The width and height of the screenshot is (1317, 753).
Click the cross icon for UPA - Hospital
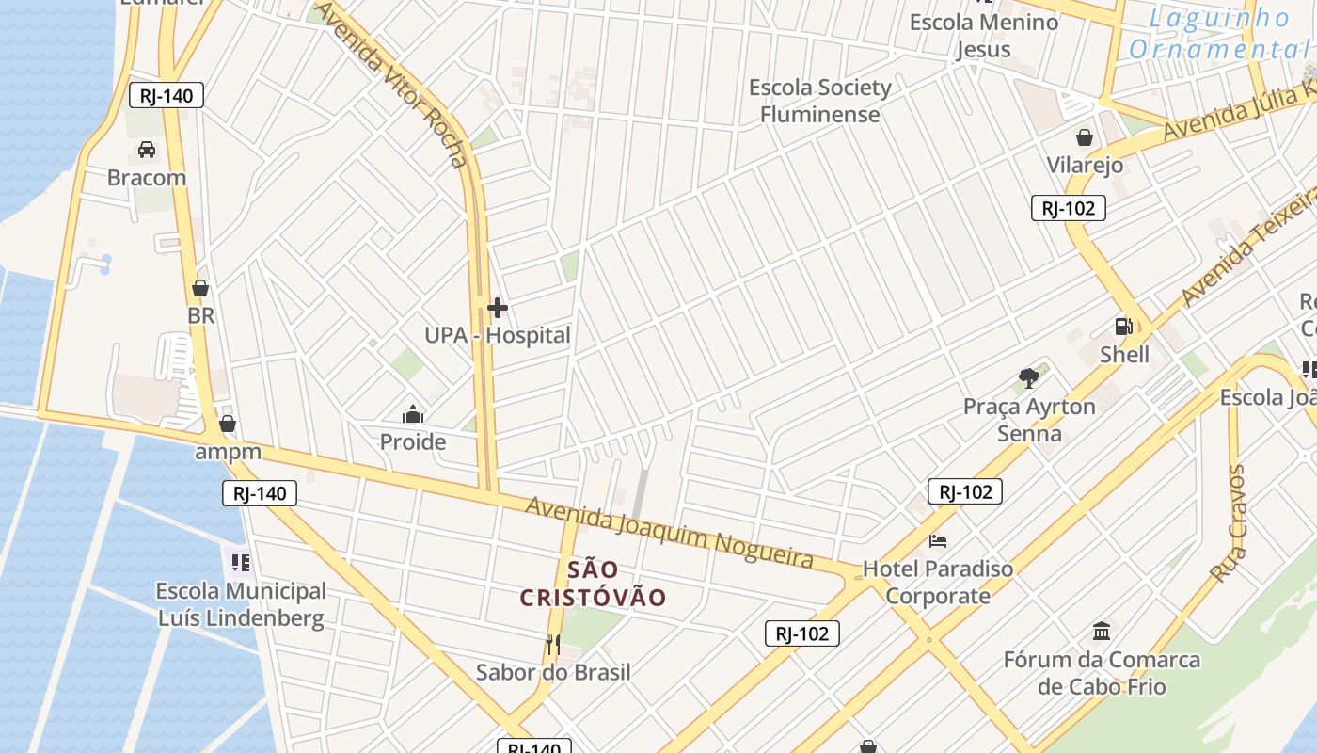[x=497, y=308]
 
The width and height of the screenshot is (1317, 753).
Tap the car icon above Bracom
[x=146, y=150]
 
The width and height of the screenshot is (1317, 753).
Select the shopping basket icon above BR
[x=199, y=288]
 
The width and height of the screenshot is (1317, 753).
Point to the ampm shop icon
[x=227, y=425]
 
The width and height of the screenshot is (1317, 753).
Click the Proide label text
[x=412, y=441]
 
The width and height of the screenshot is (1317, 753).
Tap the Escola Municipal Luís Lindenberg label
[x=240, y=604]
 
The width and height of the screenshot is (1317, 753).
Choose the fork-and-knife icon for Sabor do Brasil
[x=553, y=645]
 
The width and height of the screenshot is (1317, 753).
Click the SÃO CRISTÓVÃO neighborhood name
[x=594, y=584]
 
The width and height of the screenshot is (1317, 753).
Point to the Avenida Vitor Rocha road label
[x=390, y=83]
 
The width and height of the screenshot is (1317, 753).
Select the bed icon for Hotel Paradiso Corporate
[x=938, y=541]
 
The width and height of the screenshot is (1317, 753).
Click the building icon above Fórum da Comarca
[x=1102, y=631]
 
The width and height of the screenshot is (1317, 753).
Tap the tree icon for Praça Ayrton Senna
[x=1029, y=378]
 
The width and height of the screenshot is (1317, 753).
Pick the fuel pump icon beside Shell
[x=1123, y=327]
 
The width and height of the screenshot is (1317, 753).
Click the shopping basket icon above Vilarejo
[x=1085, y=137]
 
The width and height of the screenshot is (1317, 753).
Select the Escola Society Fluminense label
[x=820, y=101]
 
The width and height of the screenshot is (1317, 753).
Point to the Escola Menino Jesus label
[x=983, y=36]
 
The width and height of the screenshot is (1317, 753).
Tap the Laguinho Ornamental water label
[x=1220, y=33]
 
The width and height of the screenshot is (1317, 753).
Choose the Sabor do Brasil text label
[x=553, y=672]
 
